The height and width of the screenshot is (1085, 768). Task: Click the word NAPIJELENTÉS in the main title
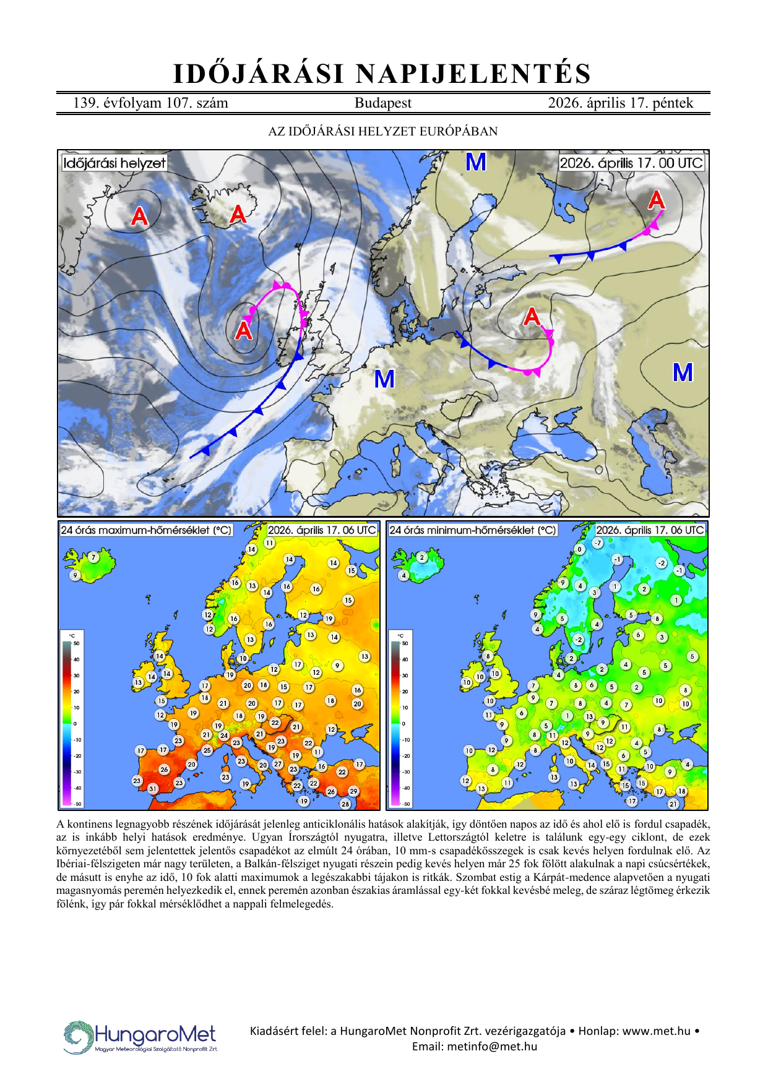[473, 74]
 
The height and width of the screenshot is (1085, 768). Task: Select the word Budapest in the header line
[382, 103]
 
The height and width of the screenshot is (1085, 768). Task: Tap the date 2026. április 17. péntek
[620, 103]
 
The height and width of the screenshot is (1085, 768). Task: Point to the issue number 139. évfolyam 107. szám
[150, 103]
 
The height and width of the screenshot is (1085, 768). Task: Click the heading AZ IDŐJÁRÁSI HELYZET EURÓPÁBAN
[382, 131]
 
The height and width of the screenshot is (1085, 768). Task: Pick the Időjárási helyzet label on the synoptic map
[114, 163]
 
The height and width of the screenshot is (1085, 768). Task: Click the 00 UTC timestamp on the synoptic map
[631, 163]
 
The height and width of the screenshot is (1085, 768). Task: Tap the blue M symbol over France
[384, 379]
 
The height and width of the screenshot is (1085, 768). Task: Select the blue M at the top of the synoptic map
[475, 162]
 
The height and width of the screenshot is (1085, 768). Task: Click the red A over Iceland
[238, 214]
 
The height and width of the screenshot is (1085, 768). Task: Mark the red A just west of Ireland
[244, 330]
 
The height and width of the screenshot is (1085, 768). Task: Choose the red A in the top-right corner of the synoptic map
[656, 200]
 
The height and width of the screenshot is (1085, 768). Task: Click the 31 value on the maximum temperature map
[153, 789]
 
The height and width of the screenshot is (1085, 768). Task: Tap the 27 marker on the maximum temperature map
[278, 764]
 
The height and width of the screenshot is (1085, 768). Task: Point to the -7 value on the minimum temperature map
[597, 542]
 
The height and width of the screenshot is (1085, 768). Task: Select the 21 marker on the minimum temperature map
[673, 804]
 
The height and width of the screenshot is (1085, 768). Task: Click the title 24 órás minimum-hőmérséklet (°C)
[472, 530]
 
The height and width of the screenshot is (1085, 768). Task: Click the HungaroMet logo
[141, 1037]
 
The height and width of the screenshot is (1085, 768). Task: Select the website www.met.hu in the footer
[656, 1031]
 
